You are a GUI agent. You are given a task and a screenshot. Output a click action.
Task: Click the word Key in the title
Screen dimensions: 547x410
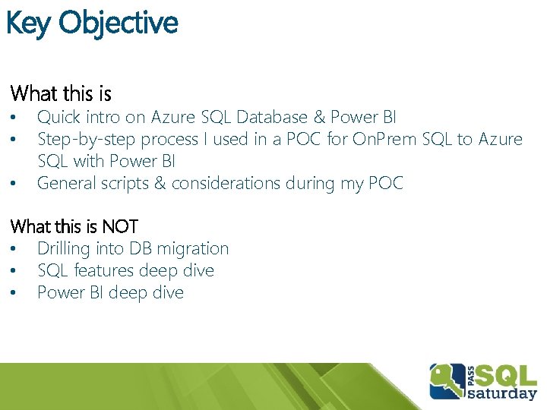(x=28, y=24)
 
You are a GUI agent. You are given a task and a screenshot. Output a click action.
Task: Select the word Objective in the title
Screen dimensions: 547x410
(x=119, y=24)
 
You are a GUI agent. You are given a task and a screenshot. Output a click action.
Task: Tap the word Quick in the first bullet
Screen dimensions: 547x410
(x=59, y=117)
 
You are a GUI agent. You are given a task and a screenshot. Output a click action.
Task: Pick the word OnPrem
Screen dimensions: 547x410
(x=384, y=139)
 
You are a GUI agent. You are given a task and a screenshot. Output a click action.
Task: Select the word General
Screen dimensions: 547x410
(x=66, y=183)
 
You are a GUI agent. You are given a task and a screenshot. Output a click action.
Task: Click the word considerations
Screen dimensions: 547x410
(x=226, y=183)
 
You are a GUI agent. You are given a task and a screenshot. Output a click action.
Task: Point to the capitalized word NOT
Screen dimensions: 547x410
(x=120, y=226)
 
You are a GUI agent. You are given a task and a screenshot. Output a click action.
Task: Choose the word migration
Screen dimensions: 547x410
(x=192, y=249)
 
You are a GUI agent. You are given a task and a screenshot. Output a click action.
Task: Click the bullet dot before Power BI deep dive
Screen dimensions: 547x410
(x=13, y=292)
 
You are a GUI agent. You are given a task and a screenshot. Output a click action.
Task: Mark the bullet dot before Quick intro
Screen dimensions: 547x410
(x=13, y=117)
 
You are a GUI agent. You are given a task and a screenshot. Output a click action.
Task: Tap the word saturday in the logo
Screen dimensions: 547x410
(x=501, y=393)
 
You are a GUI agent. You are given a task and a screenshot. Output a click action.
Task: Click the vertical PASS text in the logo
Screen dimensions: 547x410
(x=470, y=376)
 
